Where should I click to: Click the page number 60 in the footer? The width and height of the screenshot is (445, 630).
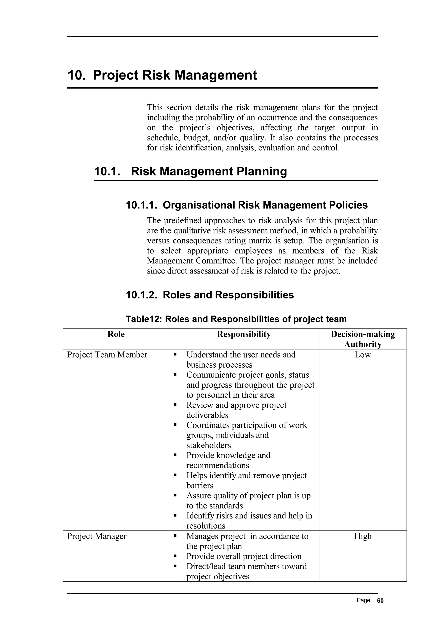coord(380,600)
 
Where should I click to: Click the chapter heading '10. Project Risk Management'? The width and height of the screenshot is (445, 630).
coord(162,75)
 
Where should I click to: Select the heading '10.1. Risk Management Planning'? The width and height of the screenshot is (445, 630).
coord(190,171)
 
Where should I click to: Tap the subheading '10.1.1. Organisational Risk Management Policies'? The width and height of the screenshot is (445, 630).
coord(246,205)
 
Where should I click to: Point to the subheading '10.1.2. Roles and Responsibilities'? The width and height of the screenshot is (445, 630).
coord(210,295)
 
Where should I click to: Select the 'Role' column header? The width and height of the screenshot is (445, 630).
coord(116,334)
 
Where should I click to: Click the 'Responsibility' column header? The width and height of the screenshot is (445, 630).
coord(244,334)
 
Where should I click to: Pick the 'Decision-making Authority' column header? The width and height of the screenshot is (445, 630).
coord(362,339)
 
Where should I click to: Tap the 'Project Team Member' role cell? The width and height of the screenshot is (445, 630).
coord(107,355)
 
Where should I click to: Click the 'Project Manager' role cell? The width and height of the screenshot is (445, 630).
coord(97,536)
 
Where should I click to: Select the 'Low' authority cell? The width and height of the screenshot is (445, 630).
coord(362,355)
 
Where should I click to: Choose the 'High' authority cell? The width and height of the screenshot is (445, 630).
coord(362,536)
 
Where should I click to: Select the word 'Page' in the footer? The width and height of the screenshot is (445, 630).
coord(363,600)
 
